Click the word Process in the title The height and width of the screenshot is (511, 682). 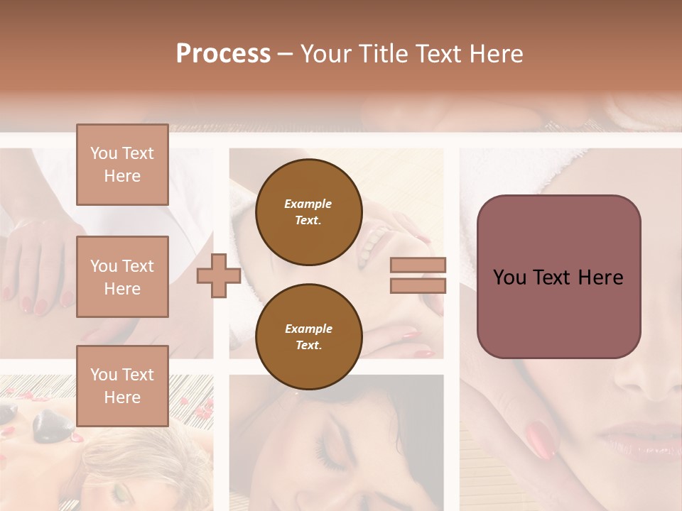pos(223,54)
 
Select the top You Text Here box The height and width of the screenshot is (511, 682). pos(122,165)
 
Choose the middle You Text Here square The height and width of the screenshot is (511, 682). pos(122,277)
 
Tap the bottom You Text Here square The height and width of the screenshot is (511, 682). pos(122,385)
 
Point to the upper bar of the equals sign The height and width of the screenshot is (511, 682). pos(418,265)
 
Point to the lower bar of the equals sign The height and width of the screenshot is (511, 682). pos(418,285)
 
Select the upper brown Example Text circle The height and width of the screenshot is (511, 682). pos(308,211)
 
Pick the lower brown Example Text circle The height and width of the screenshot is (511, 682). pos(308,336)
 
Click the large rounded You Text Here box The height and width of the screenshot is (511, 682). pos(558,277)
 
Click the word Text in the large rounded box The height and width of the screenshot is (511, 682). pos(558,278)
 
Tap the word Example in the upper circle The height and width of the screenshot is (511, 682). pos(308,204)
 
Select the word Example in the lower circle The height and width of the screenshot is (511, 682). pos(308,329)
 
